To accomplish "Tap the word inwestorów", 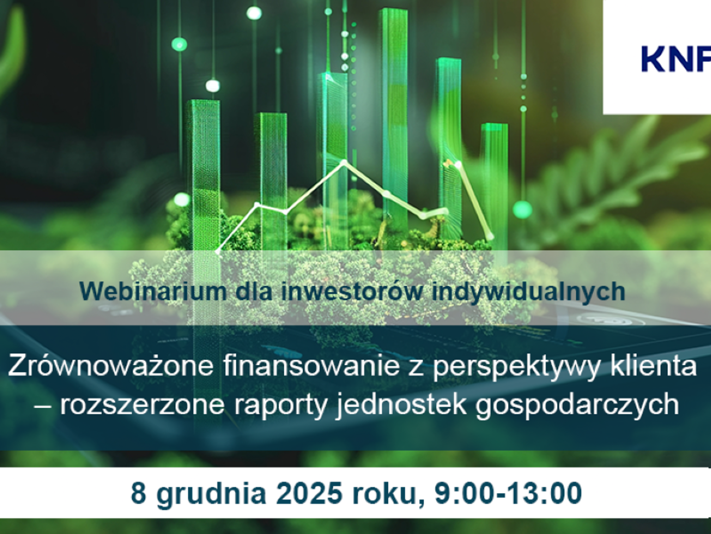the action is click(x=352, y=291).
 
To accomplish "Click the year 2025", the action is click(x=309, y=493).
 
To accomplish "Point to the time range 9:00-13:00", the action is click(x=508, y=493).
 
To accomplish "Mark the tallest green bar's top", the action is click(x=394, y=10).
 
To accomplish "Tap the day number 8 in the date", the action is click(x=138, y=493).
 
